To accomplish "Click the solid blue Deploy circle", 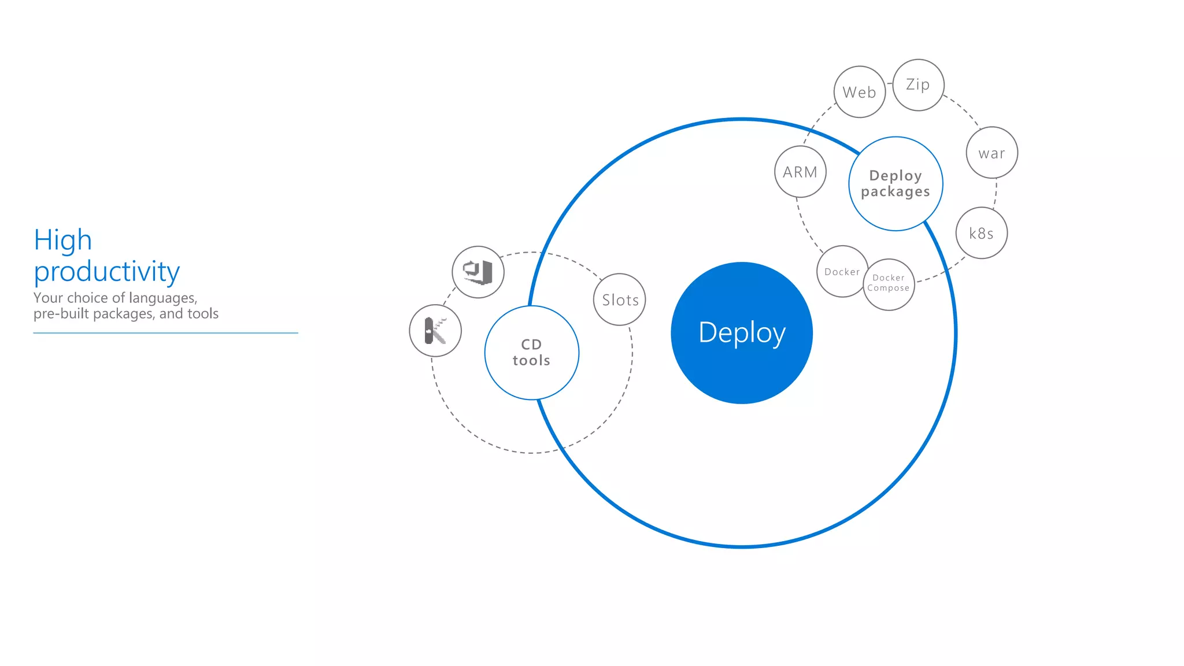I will [742, 333].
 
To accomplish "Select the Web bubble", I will [860, 92].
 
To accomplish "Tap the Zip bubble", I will [918, 85].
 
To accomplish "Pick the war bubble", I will [991, 153].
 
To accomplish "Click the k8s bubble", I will [981, 233].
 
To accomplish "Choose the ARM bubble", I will [800, 172].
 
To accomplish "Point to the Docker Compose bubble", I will [889, 284].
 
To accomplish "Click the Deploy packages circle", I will [896, 183].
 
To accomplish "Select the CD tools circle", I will [531, 352].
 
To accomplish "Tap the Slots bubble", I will [620, 299].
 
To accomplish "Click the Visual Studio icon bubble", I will [478, 272].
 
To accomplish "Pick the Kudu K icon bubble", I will [435, 331].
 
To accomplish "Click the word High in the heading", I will [62, 240].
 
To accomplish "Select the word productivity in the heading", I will [107, 271].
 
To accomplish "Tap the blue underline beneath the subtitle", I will [165, 333].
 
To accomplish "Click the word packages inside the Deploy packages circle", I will [895, 192].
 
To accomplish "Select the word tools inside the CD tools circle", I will [531, 361].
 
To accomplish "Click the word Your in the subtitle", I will [46, 298].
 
